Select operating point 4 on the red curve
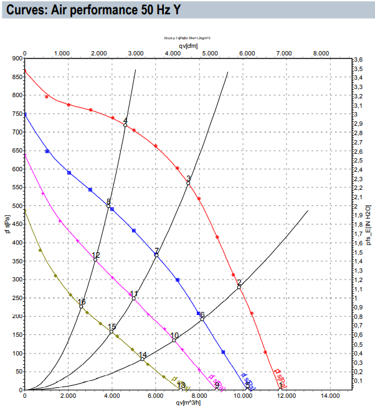pyautogui.click(x=125, y=125)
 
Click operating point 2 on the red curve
pyautogui.click(x=239, y=286)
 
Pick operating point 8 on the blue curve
pyautogui.click(x=108, y=206)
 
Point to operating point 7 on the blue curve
pyautogui.click(x=156, y=255)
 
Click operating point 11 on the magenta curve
pyautogui.click(x=133, y=298)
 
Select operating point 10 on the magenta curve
pyautogui.click(x=174, y=340)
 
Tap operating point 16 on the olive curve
pyautogui.click(x=81, y=306)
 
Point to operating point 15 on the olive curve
pyautogui.click(x=112, y=331)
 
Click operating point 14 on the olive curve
pyautogui.click(x=143, y=359)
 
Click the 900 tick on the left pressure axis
pyautogui.click(x=16, y=59)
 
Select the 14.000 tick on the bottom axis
pyautogui.click(x=330, y=396)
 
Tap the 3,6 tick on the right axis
pyautogui.click(x=358, y=59)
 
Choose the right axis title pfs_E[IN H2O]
pyautogui.click(x=369, y=224)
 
